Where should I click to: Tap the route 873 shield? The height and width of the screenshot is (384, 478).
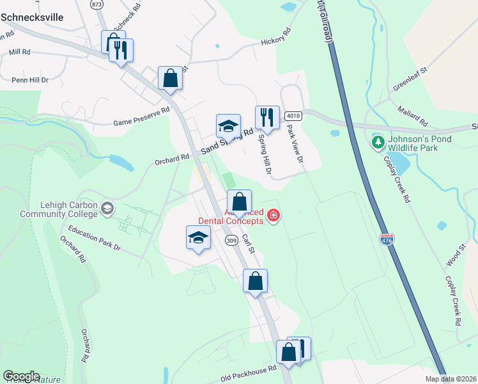(x=96, y=4)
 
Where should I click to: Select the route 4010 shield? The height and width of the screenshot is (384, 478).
(x=293, y=115)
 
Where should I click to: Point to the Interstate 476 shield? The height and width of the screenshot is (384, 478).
(x=386, y=239)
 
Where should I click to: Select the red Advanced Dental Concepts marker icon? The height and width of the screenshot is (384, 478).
(x=274, y=215)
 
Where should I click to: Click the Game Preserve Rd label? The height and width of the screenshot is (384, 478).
(x=141, y=116)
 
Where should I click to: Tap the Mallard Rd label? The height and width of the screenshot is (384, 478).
(x=413, y=116)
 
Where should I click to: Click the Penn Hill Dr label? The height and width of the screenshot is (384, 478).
(x=30, y=80)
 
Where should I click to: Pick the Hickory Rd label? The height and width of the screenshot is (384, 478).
(x=276, y=37)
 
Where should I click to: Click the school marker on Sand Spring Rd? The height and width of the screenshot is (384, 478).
(x=228, y=126)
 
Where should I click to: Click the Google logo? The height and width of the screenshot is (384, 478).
(x=21, y=376)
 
